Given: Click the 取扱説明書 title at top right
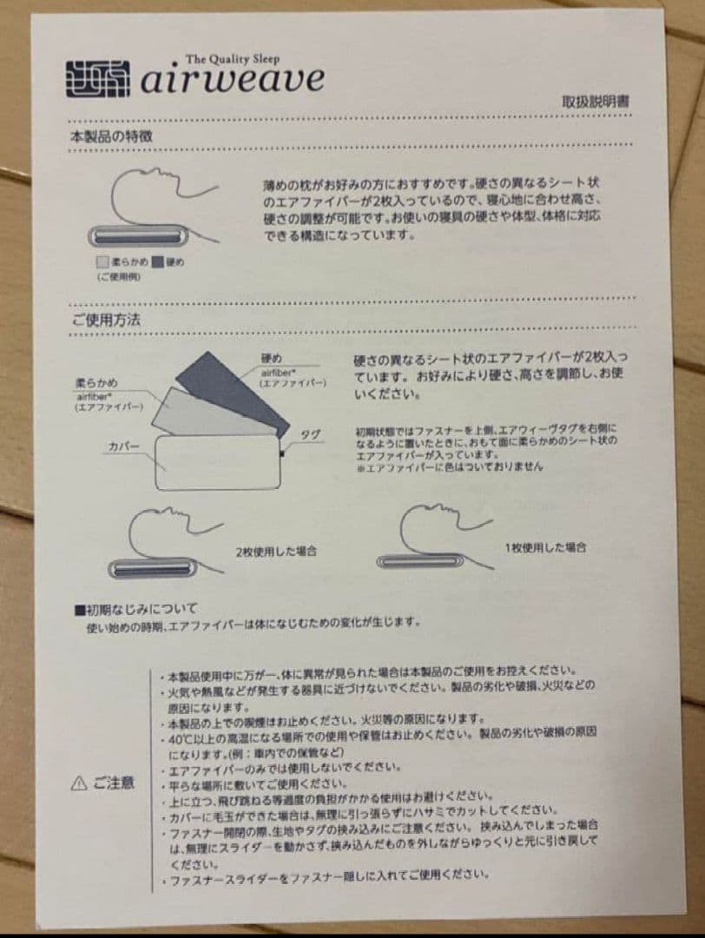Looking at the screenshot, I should (x=596, y=102).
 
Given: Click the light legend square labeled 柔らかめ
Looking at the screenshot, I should (x=102, y=261).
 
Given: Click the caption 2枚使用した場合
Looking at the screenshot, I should (x=275, y=551).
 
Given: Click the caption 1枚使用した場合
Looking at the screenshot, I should (x=545, y=547).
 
